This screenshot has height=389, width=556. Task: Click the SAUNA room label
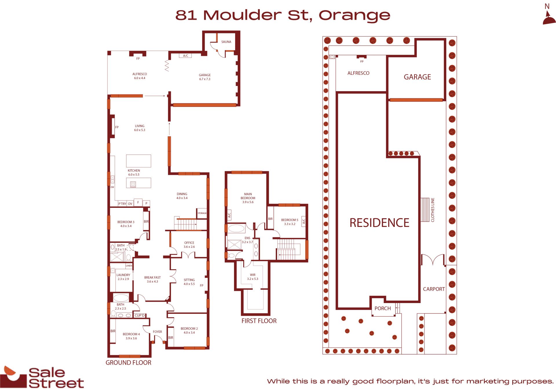(226, 42)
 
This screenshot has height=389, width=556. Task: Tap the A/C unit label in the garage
(186, 56)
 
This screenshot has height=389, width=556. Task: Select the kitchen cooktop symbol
(133, 184)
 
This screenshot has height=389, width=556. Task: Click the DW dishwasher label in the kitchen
(112, 187)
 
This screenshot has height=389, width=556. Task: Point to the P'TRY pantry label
(122, 204)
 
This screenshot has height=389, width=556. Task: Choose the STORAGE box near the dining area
(202, 213)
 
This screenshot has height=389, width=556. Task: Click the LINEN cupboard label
(129, 266)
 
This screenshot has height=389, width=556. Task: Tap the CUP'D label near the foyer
(140, 315)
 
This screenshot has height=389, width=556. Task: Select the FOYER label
(157, 332)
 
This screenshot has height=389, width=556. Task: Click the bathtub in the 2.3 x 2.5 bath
(121, 298)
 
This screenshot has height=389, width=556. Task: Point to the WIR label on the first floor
(253, 275)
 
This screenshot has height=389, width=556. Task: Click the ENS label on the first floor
(247, 238)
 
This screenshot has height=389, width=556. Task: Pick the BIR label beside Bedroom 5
(270, 219)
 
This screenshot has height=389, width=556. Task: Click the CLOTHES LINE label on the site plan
(433, 210)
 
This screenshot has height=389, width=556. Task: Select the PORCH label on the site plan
(383, 309)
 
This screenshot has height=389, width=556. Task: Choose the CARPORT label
(434, 289)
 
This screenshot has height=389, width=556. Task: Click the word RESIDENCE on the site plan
(379, 223)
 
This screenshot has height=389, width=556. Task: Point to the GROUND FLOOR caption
(128, 363)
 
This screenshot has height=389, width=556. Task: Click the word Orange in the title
(354, 16)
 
